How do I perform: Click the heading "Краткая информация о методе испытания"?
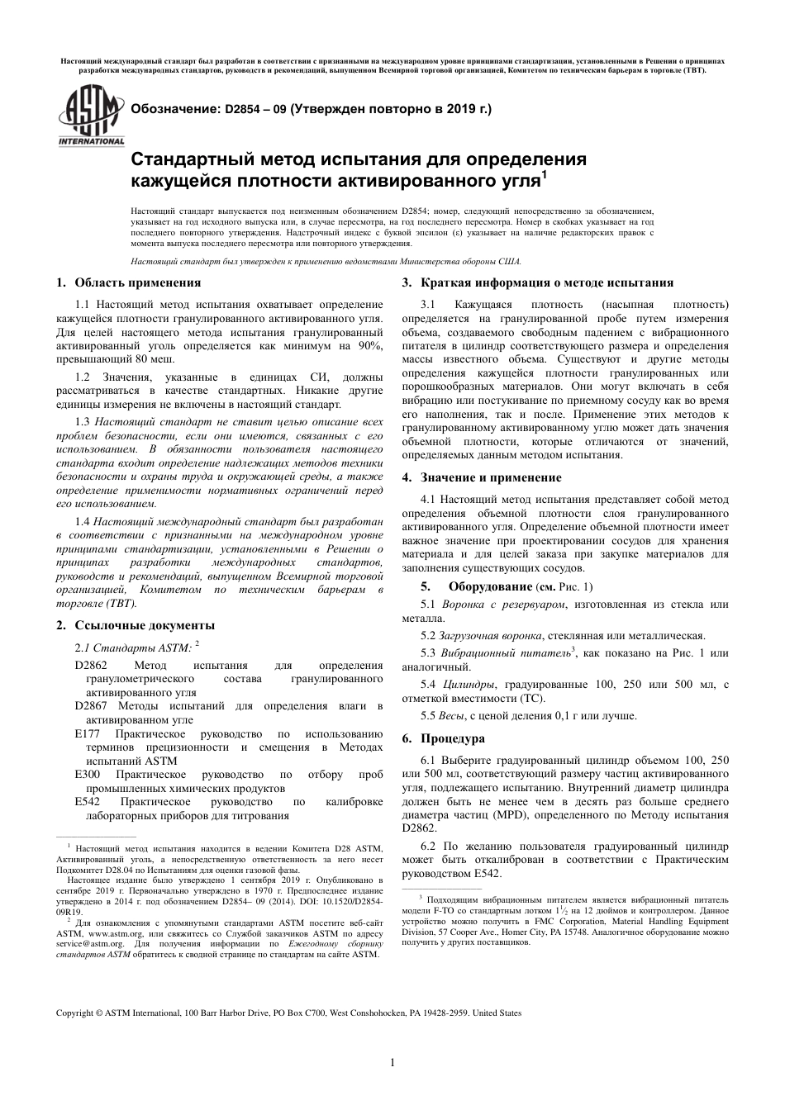click(546, 282)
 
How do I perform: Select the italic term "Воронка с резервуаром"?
click(504, 605)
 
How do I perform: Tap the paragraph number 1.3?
click(83, 421)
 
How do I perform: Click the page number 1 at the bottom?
click(392, 1062)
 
